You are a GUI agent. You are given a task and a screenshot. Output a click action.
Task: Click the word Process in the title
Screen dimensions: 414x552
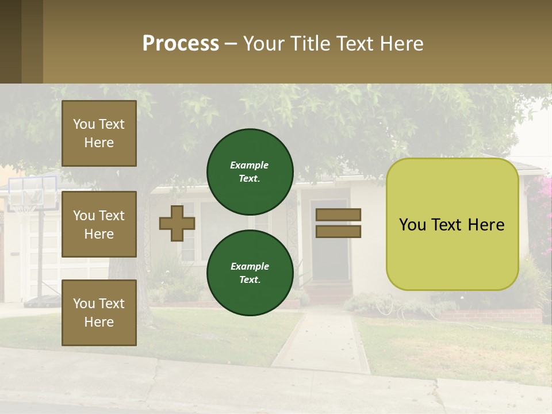pyautogui.click(x=181, y=44)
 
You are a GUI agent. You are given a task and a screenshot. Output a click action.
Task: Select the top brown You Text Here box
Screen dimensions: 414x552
pyautogui.click(x=99, y=133)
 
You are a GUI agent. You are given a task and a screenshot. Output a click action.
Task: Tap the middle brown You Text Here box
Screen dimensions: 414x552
pyautogui.click(x=99, y=224)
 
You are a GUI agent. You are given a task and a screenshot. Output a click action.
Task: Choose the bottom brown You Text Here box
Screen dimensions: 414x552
pyautogui.click(x=99, y=312)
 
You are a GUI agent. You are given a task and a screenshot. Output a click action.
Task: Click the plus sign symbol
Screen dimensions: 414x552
pyautogui.click(x=177, y=224)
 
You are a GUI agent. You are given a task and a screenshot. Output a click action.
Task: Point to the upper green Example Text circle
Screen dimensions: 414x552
pyautogui.click(x=250, y=172)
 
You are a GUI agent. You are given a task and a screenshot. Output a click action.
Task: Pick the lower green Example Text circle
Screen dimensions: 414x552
pyautogui.click(x=250, y=273)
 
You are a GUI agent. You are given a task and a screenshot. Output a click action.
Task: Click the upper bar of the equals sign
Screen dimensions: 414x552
pyautogui.click(x=339, y=214)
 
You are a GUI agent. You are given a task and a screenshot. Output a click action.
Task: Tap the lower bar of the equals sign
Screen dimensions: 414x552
pyautogui.click(x=339, y=232)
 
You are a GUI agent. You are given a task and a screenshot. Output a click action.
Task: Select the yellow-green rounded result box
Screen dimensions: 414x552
pyautogui.click(x=452, y=224)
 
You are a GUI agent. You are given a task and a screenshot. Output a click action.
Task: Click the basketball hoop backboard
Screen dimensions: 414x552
pyautogui.click(x=32, y=193)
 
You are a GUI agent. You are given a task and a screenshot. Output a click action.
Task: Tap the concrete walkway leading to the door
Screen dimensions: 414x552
pyautogui.click(x=322, y=339)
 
